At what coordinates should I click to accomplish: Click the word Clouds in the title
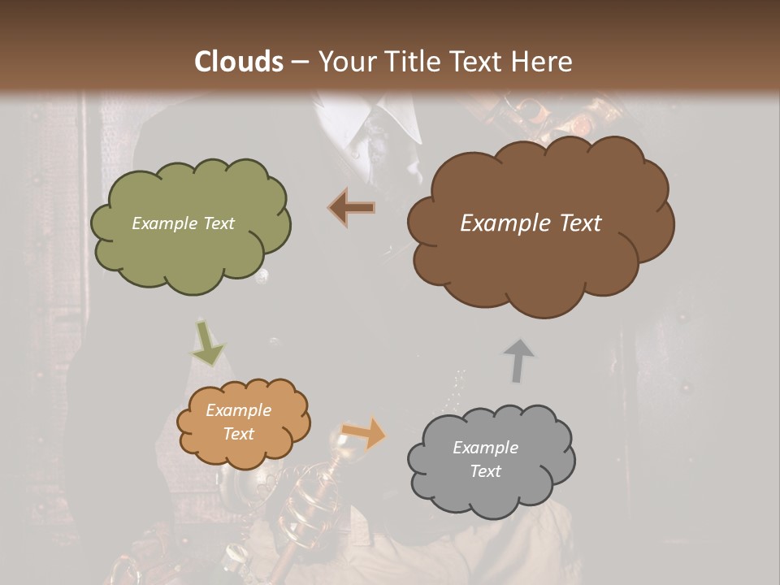[239, 62]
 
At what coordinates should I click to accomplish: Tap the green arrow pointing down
[207, 344]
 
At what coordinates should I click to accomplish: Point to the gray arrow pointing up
[518, 360]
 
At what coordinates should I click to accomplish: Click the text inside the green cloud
[184, 223]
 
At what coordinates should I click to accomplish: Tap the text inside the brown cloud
[531, 223]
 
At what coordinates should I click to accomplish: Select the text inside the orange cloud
[238, 422]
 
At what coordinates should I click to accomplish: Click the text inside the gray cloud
[485, 459]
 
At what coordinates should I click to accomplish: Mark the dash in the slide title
[298, 62]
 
